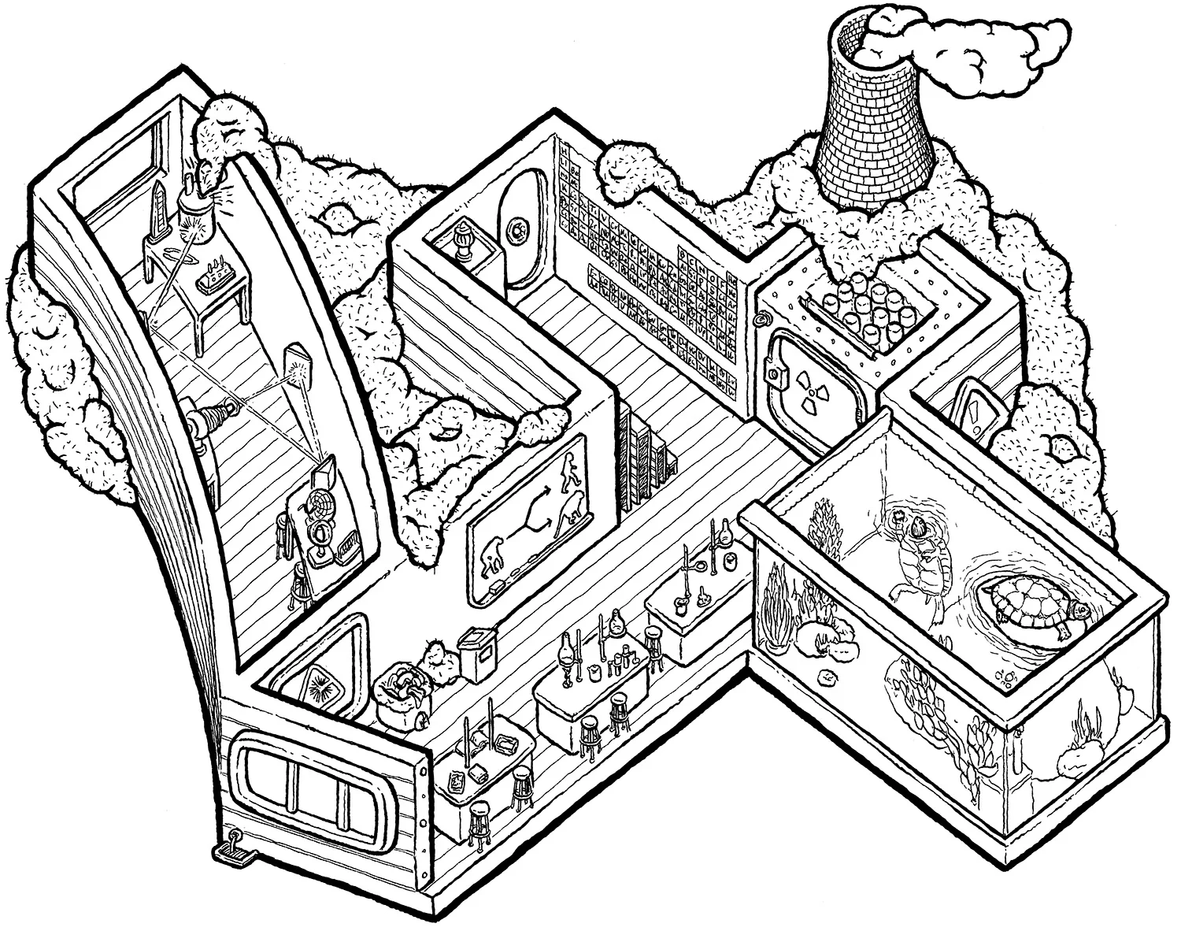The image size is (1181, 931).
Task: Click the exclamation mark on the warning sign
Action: (x=977, y=410)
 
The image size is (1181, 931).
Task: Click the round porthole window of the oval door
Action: (x=517, y=230)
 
